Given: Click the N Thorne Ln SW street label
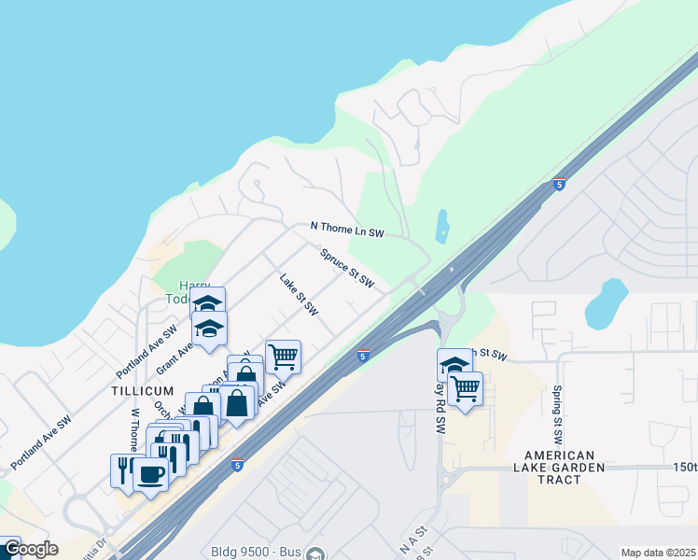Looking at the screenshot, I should [x=347, y=228].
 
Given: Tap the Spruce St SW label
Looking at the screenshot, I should [x=347, y=268].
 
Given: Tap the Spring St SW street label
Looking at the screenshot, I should [x=558, y=412].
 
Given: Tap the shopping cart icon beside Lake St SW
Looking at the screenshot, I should [x=283, y=356].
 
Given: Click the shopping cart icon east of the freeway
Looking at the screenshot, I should [x=465, y=387].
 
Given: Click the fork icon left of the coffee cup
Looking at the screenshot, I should [x=123, y=469].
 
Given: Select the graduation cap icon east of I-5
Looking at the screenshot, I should [x=454, y=364].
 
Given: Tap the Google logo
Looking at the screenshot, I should [x=30, y=549].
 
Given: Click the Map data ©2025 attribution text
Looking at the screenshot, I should [x=659, y=553].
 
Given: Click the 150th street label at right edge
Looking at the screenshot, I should [x=683, y=467].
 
